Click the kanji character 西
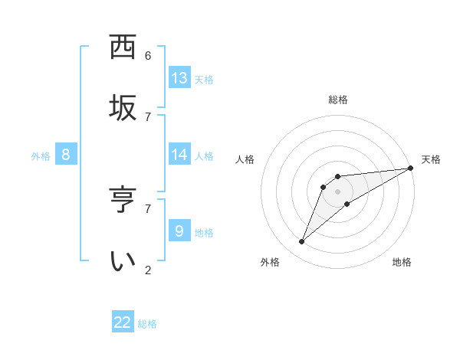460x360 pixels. pos(123,47)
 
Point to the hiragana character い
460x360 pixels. pos(123,260)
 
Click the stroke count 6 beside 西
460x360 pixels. pos(148,56)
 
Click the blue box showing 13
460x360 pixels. pos(179,77)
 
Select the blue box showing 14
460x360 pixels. pos(179,154)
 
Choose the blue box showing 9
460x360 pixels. pos(179,231)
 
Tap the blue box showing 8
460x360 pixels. pos(66,154)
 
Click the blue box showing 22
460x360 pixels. pos(123,322)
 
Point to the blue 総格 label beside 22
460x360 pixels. pos(147,324)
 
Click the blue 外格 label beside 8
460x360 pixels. pos(41,156)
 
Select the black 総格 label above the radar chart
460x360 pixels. pos(338,100)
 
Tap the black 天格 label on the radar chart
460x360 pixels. pos(431,159)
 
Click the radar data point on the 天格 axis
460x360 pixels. pos(410,168)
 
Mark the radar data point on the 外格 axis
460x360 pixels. pos(302,242)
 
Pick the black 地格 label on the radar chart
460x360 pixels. pos(402,262)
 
